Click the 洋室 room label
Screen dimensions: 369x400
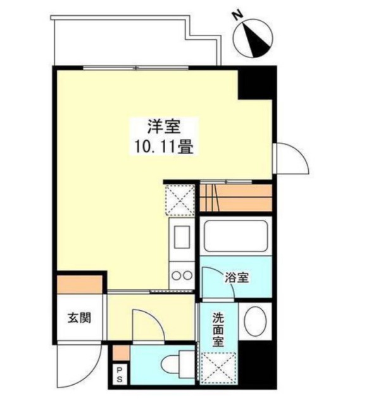point(164,127)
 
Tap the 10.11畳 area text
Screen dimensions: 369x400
point(164,147)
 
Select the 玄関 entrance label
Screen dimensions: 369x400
point(80,318)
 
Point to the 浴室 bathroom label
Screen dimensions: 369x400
point(237,277)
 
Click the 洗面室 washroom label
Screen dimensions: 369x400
point(218,330)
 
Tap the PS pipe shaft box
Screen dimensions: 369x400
point(120,374)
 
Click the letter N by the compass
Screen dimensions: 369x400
point(239,16)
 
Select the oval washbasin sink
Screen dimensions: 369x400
point(255,321)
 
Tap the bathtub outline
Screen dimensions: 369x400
point(235,236)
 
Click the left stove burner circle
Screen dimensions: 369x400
point(176,276)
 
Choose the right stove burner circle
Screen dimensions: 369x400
point(188,276)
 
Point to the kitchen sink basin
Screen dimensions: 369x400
point(182,237)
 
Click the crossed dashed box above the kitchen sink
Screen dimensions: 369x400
point(180,200)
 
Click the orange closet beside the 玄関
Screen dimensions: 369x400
point(80,284)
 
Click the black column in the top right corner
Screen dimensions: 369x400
point(257,83)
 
